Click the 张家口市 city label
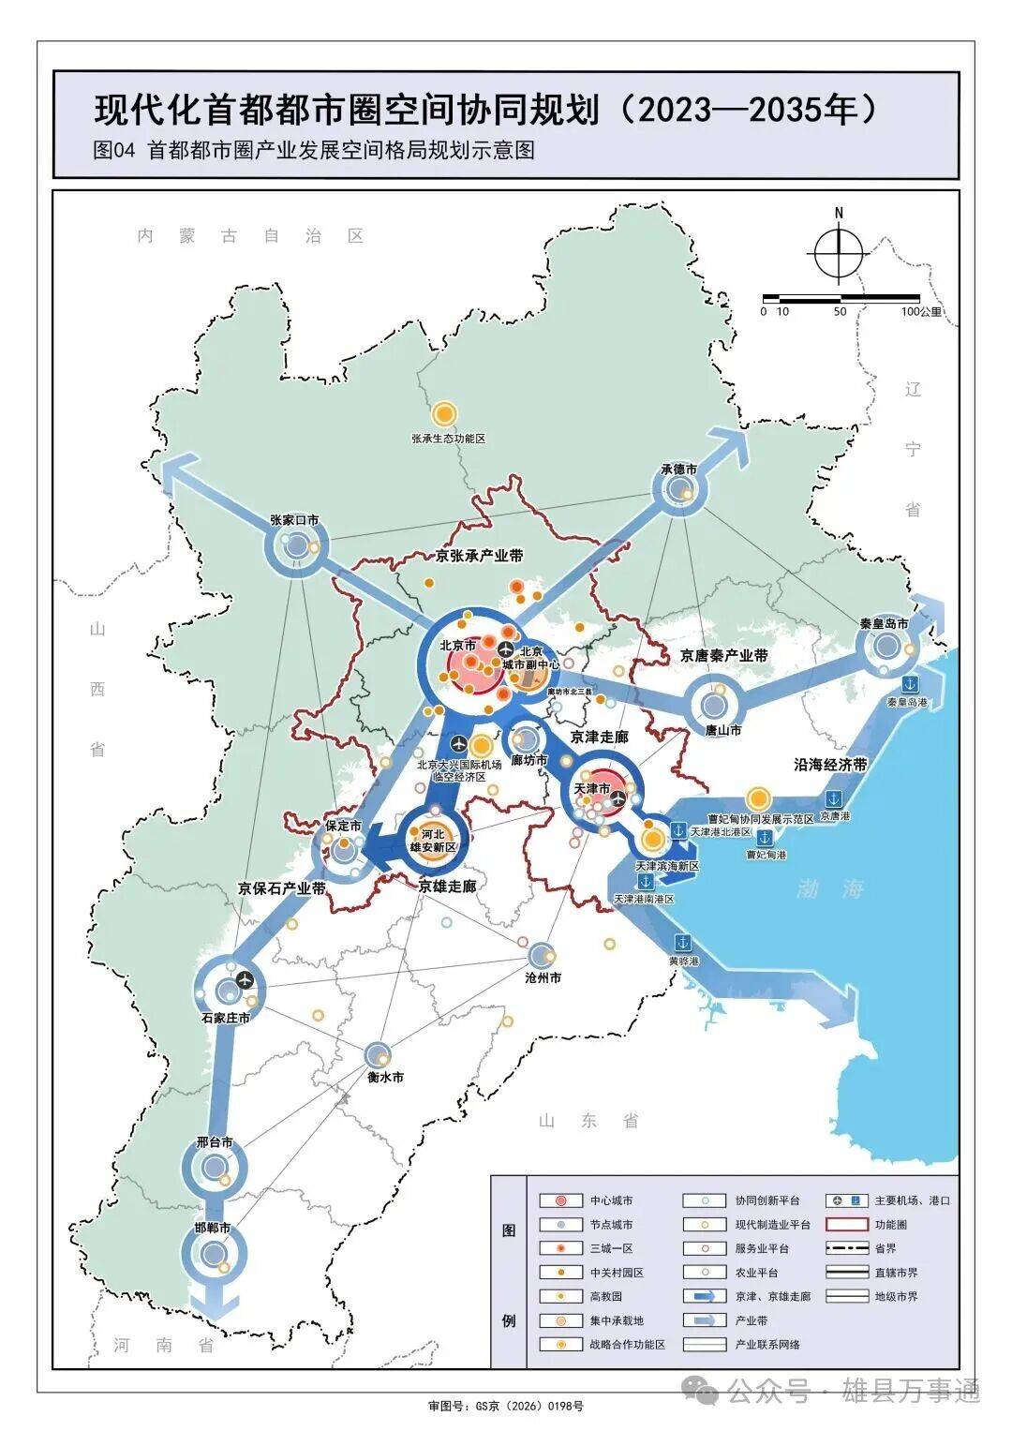(294, 520)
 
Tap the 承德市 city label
(678, 470)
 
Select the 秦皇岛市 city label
(884, 623)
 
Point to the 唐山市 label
(722, 730)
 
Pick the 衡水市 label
(384, 1078)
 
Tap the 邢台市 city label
(215, 1144)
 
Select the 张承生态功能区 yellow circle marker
(444, 413)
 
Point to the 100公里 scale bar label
(922, 312)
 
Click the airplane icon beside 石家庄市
(246, 980)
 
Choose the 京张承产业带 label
(480, 556)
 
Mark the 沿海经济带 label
(830, 765)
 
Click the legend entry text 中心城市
(611, 1200)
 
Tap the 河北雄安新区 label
(432, 841)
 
